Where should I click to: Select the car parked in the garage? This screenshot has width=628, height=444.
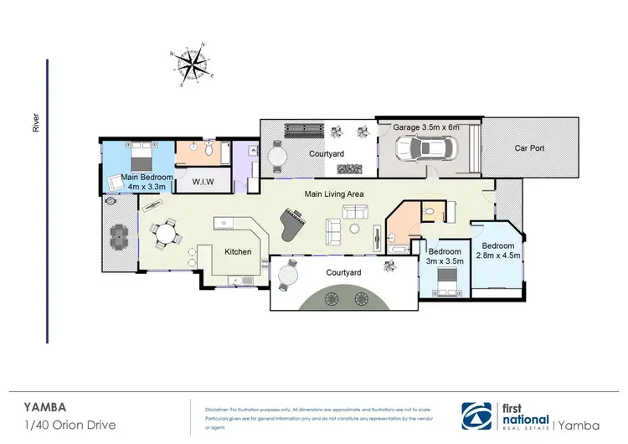[x=427, y=148]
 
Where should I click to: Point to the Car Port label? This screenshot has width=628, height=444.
[x=530, y=148]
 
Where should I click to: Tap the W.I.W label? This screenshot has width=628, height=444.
[x=201, y=181]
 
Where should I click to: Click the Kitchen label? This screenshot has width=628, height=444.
[x=239, y=251]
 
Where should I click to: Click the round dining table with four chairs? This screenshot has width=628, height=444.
[x=165, y=232]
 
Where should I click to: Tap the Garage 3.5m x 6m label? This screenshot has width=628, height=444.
[x=427, y=127]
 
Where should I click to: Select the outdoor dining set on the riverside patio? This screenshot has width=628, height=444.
[x=120, y=237]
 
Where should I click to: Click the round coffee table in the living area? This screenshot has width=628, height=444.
[x=355, y=228]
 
